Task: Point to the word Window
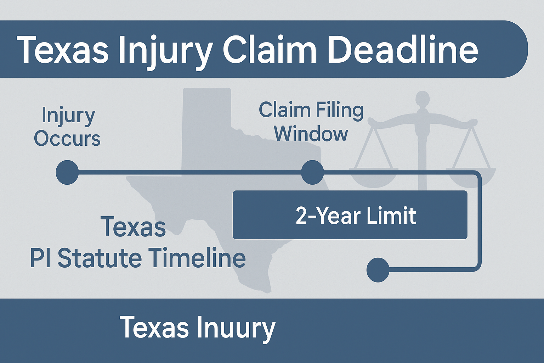(x=312, y=134)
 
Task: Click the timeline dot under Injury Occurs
(x=67, y=172)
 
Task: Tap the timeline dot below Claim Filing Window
(x=313, y=172)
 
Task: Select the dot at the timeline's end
(x=378, y=270)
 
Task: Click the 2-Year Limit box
(x=350, y=215)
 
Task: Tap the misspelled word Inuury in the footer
(x=236, y=327)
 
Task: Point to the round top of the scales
(x=423, y=99)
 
